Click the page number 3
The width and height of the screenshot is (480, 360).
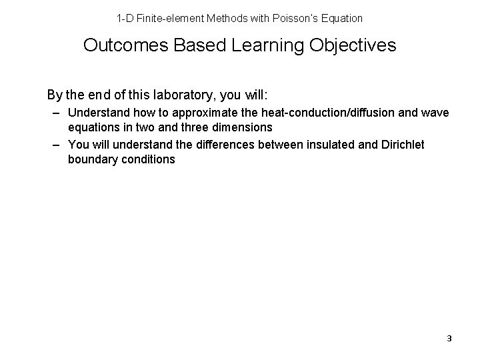[x=449, y=339]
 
